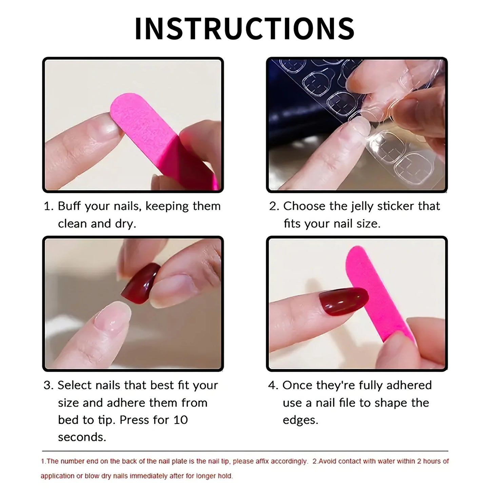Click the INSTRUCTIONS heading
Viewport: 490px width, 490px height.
click(245, 28)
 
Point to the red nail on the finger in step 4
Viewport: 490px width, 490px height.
click(342, 300)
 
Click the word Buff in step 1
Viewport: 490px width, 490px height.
click(70, 206)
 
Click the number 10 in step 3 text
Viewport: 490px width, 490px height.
click(180, 420)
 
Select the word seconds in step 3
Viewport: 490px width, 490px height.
click(82, 437)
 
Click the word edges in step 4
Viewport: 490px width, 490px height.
click(300, 420)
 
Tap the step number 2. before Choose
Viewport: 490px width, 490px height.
click(274, 206)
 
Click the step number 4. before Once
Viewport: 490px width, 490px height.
click(273, 386)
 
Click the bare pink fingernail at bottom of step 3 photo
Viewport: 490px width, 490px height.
click(112, 317)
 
